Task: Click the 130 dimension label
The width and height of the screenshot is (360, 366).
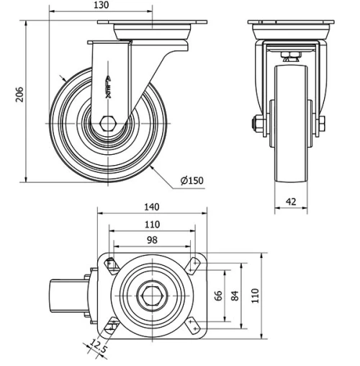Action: [x=102, y=6]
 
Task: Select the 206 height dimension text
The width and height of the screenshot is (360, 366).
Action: [x=20, y=95]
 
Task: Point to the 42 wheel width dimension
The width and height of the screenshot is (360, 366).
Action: [x=292, y=203]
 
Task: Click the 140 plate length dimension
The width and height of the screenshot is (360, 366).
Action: [x=151, y=207]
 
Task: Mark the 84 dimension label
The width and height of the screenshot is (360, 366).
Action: [x=235, y=295]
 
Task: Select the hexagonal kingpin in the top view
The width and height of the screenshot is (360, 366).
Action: [x=151, y=295]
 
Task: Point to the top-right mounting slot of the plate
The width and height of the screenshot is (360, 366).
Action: [x=193, y=264]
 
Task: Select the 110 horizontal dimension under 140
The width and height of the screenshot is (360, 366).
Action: [x=151, y=224]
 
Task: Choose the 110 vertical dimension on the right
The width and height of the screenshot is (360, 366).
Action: [x=253, y=295]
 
